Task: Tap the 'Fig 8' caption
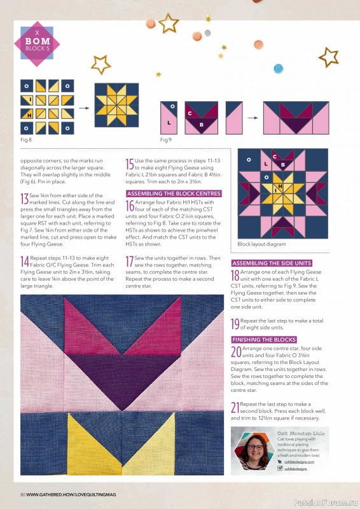click(26, 139)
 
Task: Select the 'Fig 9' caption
click(166, 139)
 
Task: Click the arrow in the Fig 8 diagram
click(84, 108)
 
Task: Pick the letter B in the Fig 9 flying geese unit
click(202, 124)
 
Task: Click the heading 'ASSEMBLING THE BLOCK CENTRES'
click(173, 193)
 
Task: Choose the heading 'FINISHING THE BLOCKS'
click(263, 340)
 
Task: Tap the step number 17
click(130, 261)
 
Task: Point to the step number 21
click(235, 407)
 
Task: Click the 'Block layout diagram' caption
click(261, 244)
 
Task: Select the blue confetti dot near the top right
click(278, 68)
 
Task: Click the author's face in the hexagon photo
click(253, 448)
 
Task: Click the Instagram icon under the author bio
click(280, 468)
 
